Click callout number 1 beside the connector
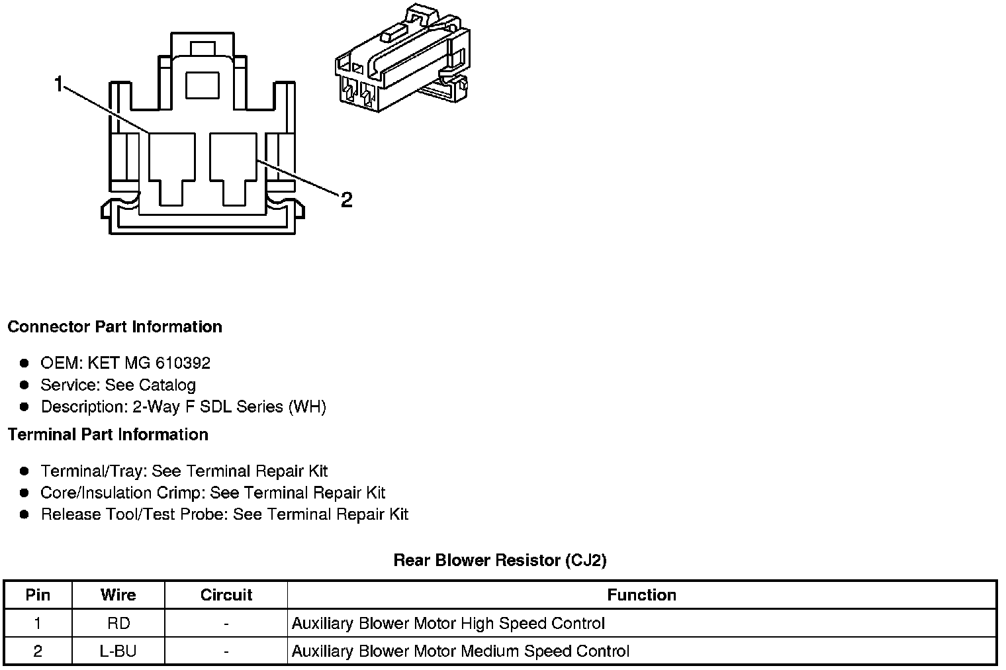click(59, 84)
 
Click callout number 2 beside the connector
click(347, 199)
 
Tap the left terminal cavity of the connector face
click(171, 166)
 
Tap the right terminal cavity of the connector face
click(233, 166)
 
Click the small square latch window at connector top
click(202, 85)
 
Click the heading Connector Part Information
click(114, 326)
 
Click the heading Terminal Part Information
click(108, 434)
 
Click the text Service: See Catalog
click(118, 385)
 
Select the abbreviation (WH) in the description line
click(307, 407)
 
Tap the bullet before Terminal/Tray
click(24, 471)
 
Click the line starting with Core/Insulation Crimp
click(212, 493)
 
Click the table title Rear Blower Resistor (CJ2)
click(500, 560)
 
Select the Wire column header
click(118, 595)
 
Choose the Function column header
click(641, 595)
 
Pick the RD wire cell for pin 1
click(118, 623)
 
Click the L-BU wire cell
click(118, 651)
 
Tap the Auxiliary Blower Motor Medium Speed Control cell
click(461, 651)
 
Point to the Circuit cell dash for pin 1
click(226, 623)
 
